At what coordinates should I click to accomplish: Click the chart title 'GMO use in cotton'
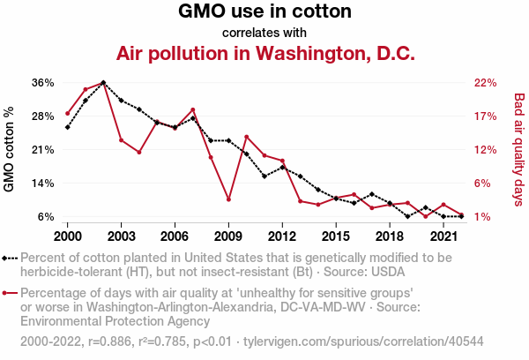[x=264, y=12]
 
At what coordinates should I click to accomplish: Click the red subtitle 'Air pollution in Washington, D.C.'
[x=264, y=53]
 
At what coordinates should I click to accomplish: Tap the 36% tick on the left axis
[x=43, y=82]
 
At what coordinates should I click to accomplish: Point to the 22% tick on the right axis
[x=486, y=82]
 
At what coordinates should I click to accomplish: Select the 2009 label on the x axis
[x=228, y=236]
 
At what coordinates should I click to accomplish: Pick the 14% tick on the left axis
[x=43, y=183]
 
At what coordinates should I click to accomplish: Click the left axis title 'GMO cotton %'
[x=10, y=149]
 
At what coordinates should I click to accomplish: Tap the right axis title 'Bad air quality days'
[x=519, y=149]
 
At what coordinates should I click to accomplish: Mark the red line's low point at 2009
[x=228, y=200]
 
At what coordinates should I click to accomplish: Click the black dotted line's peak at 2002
[x=103, y=82]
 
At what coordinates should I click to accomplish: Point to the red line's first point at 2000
[x=67, y=113]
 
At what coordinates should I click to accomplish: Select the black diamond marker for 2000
[x=67, y=127]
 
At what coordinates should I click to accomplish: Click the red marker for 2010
[x=246, y=137]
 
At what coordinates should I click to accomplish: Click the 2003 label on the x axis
[x=121, y=236]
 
